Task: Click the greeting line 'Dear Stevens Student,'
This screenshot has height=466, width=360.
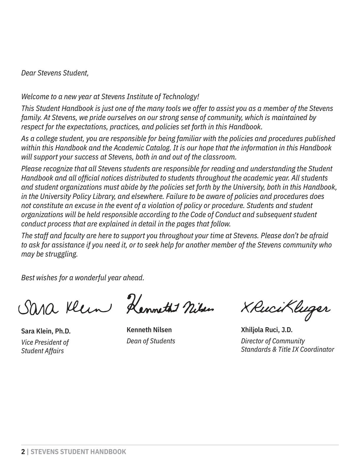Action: pyautogui.click(x=55, y=73)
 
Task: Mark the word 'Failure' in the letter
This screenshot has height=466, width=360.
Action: pyautogui.click(x=179, y=196)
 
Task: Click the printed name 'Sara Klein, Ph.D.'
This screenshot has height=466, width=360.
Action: pyautogui.click(x=46, y=331)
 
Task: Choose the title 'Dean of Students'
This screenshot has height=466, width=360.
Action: pyautogui.click(x=151, y=341)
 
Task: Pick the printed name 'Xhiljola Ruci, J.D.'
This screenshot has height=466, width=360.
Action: pyautogui.click(x=266, y=330)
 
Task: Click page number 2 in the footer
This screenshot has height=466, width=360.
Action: pyautogui.click(x=23, y=452)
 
